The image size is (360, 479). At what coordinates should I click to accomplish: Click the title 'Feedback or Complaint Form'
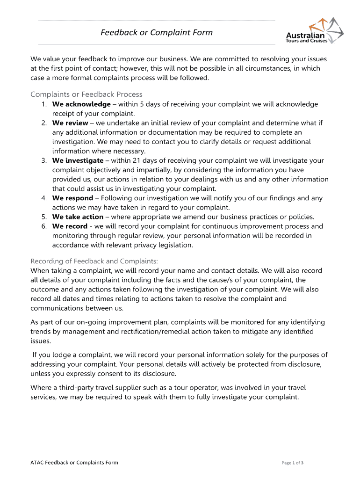pos(157,32)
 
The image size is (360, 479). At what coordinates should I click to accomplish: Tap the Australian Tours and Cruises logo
pos(314,31)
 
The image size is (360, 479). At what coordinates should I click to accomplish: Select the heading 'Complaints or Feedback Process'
pos(86,94)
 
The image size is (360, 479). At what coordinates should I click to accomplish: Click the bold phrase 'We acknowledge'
pos(81,104)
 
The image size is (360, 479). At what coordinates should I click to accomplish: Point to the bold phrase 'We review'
pos(70,123)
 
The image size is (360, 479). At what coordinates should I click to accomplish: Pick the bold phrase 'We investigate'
pos(78,160)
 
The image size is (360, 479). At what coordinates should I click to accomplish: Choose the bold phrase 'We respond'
pos(72,198)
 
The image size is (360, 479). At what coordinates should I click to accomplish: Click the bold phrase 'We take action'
pos(78,217)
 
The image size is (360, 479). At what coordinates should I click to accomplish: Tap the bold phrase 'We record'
pos(70,226)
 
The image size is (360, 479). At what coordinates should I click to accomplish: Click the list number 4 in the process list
pos(43,198)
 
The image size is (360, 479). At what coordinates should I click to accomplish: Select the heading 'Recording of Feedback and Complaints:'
pos(94,261)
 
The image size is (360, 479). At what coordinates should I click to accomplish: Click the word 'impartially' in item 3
pos(147,170)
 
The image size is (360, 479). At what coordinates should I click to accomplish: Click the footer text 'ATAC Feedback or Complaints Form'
pos(74,463)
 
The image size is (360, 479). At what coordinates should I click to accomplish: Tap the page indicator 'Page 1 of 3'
pos(293,463)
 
